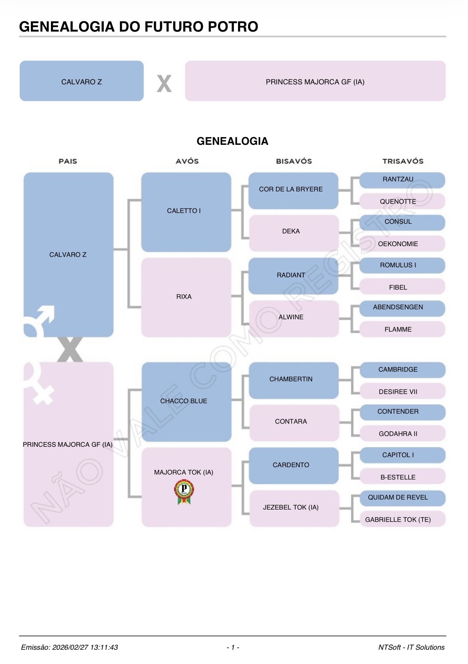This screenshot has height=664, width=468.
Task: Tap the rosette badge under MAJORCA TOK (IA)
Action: [184, 493]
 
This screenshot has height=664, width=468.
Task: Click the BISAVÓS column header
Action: [294, 161]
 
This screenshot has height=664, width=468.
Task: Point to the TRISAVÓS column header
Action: [402, 161]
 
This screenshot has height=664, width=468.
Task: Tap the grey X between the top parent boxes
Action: [164, 83]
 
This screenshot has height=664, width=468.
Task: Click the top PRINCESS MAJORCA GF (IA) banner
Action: [315, 81]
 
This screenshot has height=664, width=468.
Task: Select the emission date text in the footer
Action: [69, 647]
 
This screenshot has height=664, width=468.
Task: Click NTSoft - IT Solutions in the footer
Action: [411, 647]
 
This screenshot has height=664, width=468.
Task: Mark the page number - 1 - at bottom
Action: [233, 647]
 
